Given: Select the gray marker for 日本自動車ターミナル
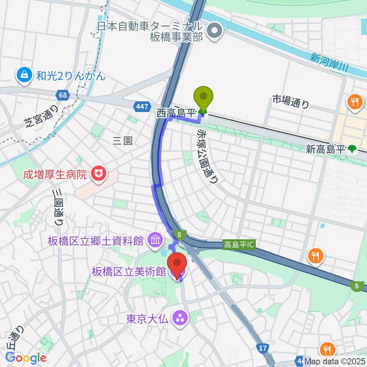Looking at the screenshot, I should (x=214, y=32).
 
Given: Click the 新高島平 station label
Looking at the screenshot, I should (x=326, y=149).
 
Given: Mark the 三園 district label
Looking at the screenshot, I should (x=123, y=141).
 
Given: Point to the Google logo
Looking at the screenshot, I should (x=26, y=358).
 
